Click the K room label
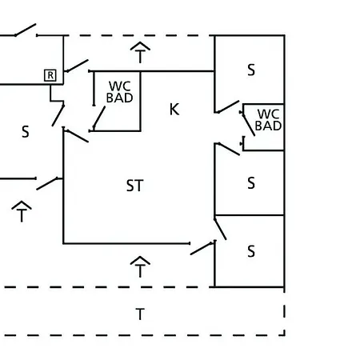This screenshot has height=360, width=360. (174, 109)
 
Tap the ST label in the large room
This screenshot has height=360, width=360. (135, 186)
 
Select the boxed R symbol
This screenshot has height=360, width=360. (50, 75)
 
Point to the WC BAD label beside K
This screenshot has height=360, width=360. (119, 92)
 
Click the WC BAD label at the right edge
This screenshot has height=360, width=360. (268, 120)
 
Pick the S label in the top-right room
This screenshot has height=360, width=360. (251, 70)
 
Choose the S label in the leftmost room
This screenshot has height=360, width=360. (26, 132)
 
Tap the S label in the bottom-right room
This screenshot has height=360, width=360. (251, 251)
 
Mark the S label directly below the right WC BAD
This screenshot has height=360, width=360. (251, 183)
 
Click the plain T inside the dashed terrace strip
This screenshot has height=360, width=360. (140, 314)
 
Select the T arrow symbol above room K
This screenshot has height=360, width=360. (140, 53)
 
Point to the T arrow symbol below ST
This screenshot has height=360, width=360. (140, 267)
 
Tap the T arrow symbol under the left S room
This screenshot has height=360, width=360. (22, 211)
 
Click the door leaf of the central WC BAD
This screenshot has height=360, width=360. (99, 118)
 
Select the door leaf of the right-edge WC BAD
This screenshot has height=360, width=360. (248, 124)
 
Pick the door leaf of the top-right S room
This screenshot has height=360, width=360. (228, 106)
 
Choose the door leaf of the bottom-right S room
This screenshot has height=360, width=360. (220, 229)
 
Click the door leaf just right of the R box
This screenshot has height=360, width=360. (78, 66)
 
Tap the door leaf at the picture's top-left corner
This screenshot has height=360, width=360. (26, 30)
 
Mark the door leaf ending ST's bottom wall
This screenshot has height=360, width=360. (202, 249)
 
